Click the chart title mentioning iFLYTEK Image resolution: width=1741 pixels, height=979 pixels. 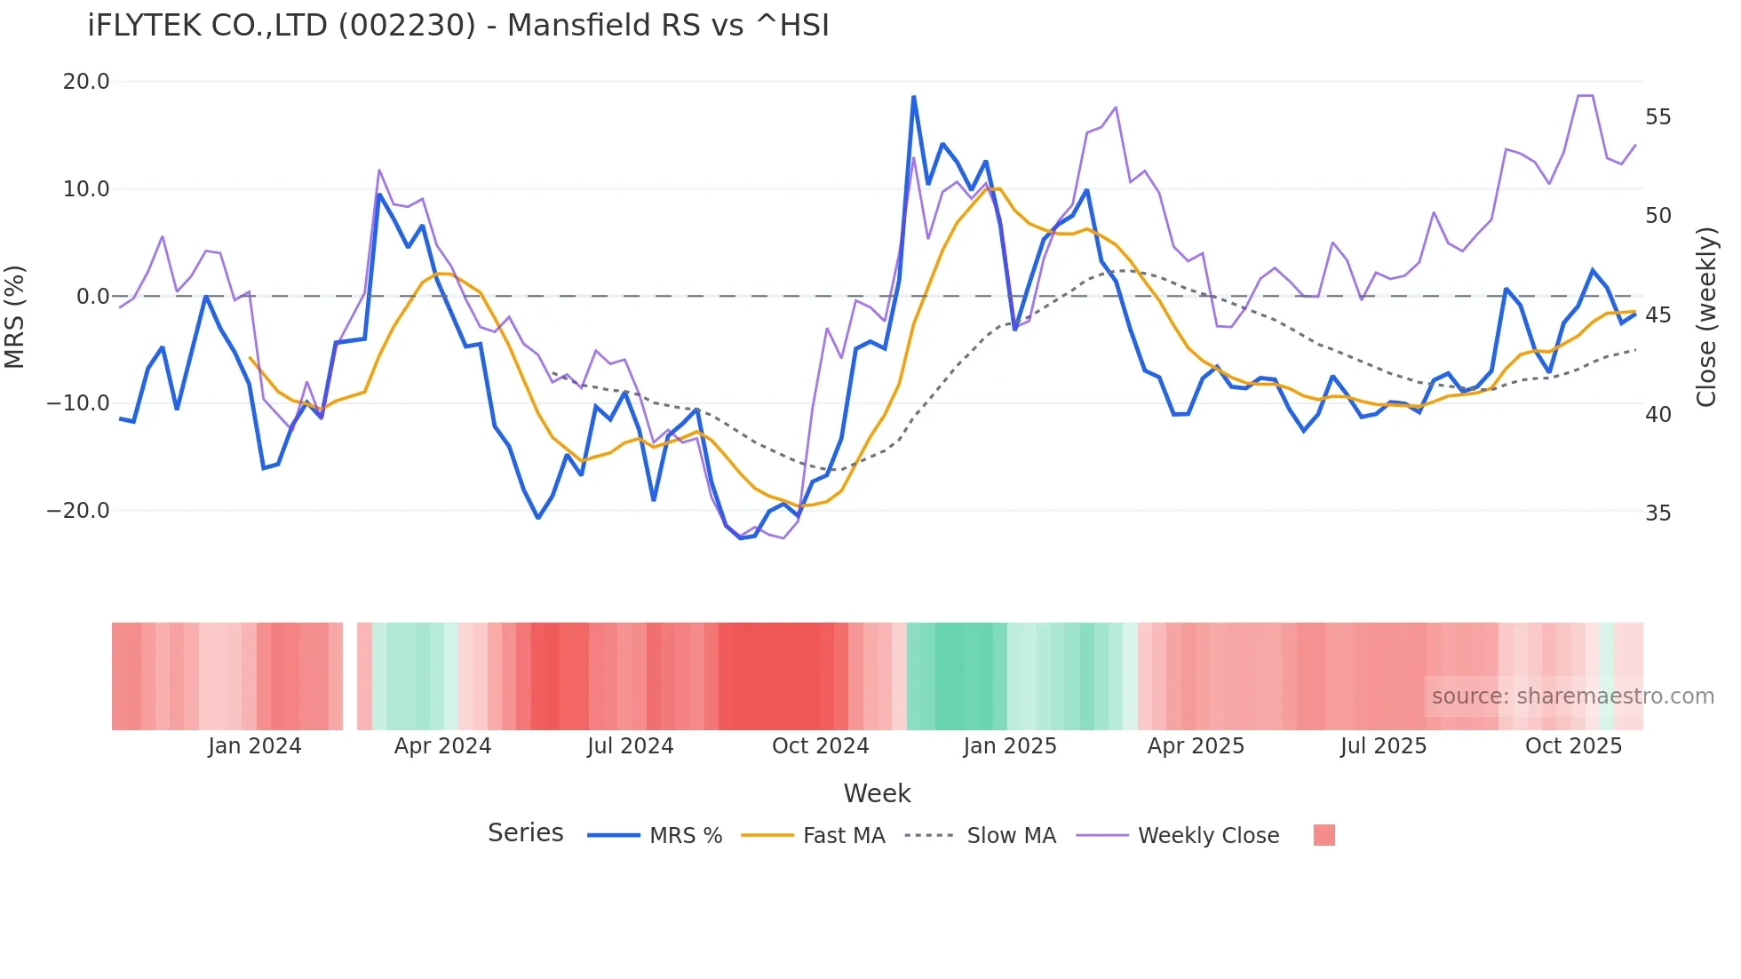458,26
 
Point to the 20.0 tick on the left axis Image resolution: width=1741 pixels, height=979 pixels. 86,82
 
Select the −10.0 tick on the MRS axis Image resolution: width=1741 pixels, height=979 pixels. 78,403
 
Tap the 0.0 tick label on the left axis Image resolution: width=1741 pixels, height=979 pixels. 93,297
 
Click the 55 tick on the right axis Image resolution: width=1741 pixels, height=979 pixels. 1658,117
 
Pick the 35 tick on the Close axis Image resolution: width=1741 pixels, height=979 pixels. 1658,513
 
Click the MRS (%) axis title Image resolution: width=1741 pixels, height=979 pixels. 15,316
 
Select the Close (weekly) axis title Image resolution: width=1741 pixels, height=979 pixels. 1705,317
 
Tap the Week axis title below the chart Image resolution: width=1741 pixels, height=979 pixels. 877,793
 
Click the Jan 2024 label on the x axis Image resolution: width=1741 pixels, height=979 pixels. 255,746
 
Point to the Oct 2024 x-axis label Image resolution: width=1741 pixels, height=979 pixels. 820,746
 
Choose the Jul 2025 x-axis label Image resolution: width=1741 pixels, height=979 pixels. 1383,746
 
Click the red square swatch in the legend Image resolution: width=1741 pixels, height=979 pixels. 1324,835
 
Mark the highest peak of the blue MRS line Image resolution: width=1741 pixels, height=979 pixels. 913,97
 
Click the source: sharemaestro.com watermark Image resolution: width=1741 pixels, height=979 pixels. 1572,696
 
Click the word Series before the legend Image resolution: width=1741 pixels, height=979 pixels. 525,833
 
